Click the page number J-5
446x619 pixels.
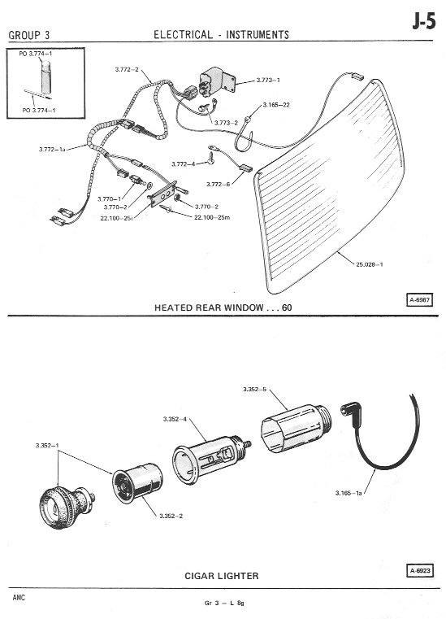pyautogui.click(x=424, y=22)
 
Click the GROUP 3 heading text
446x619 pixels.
pyautogui.click(x=29, y=35)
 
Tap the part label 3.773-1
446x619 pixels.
pyautogui.click(x=268, y=81)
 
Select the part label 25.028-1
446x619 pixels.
pyautogui.click(x=370, y=264)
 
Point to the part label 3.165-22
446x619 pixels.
pyautogui.click(x=276, y=105)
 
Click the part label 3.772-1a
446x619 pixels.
pyautogui.click(x=52, y=149)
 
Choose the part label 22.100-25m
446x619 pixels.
pyautogui.click(x=212, y=217)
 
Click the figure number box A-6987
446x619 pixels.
pyautogui.click(x=420, y=300)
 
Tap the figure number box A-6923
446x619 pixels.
pyautogui.click(x=420, y=570)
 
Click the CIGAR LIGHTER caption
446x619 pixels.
pyautogui.click(x=222, y=576)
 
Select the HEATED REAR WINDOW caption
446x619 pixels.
pyautogui.click(x=223, y=307)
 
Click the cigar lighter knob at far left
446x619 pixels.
pyautogui.click(x=67, y=507)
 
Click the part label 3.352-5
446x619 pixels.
pyautogui.click(x=255, y=390)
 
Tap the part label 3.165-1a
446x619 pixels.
pyautogui.click(x=349, y=493)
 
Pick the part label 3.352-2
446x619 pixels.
pyautogui.click(x=171, y=516)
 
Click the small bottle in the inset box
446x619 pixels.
pyautogui.click(x=46, y=76)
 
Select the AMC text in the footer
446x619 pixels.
pyautogui.click(x=19, y=597)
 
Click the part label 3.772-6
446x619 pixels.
pyautogui.click(x=218, y=185)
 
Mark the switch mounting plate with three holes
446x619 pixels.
pyautogui.click(x=162, y=194)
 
